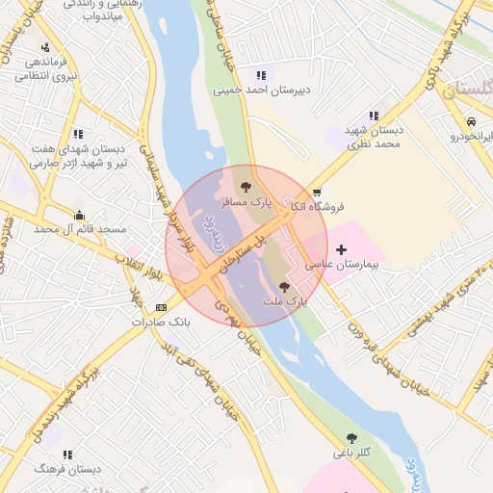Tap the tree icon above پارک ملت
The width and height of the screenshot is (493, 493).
[x=283, y=286]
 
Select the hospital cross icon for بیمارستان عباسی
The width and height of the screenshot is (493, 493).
[x=341, y=249]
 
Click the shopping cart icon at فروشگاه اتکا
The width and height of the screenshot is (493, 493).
[x=317, y=193]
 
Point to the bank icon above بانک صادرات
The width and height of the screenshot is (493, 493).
[x=161, y=307]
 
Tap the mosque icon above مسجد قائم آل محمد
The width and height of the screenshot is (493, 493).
[x=79, y=215]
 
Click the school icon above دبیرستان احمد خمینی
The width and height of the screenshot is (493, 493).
[x=261, y=75]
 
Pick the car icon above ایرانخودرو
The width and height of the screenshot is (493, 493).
[x=471, y=122]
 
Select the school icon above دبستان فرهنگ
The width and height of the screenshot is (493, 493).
[x=67, y=454]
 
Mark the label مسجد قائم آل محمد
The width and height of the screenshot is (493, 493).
[x=80, y=229]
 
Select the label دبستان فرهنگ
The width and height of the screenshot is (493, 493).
[x=67, y=469]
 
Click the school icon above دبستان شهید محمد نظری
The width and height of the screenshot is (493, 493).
[x=374, y=116]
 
